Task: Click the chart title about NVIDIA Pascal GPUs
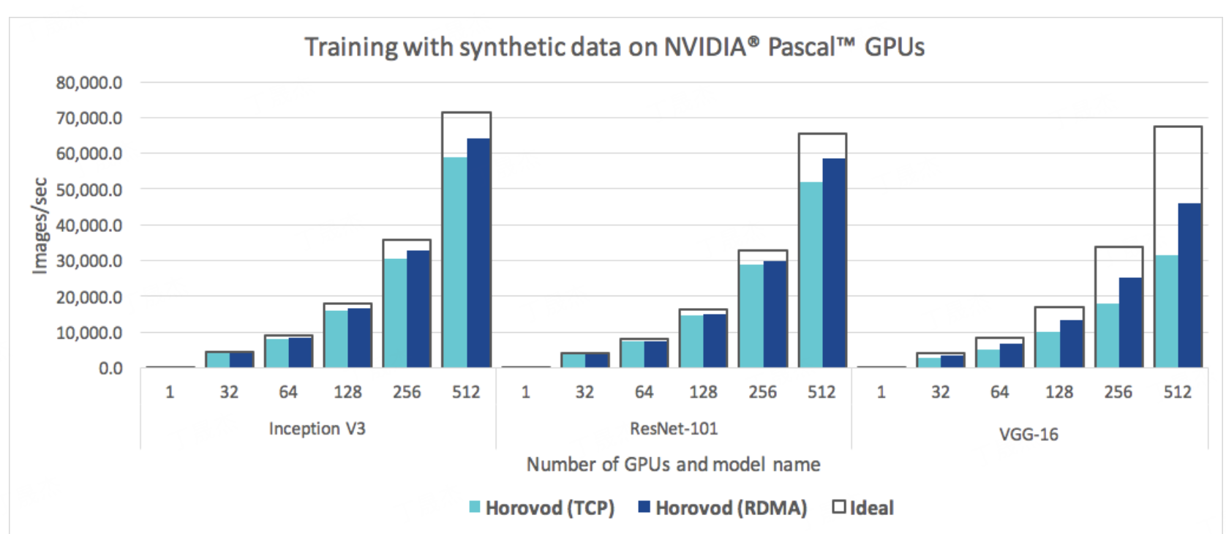(x=614, y=47)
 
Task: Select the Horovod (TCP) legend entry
(x=541, y=508)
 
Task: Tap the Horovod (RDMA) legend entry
(x=723, y=508)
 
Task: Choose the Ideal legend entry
(x=863, y=508)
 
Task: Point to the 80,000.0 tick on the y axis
(x=89, y=83)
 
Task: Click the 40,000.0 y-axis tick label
(x=89, y=225)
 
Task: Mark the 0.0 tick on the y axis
(x=110, y=369)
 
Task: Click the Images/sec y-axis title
(x=40, y=225)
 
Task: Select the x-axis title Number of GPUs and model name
(x=673, y=465)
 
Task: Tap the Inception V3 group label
(x=317, y=429)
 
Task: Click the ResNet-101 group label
(x=674, y=429)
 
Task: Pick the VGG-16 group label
(x=1028, y=435)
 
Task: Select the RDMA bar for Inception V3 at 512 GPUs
(x=478, y=252)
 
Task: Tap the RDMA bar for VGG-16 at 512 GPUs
(x=1189, y=285)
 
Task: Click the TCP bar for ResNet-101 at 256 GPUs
(x=751, y=315)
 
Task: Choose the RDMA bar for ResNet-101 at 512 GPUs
(x=834, y=263)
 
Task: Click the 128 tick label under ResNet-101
(x=703, y=392)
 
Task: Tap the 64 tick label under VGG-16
(x=999, y=392)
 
